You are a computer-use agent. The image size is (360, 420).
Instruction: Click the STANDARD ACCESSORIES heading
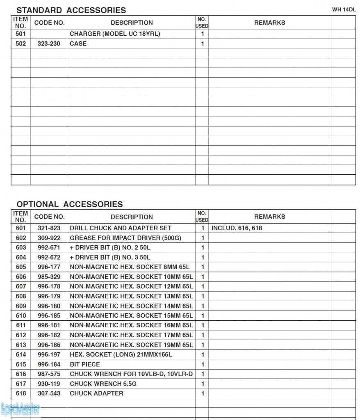(71, 10)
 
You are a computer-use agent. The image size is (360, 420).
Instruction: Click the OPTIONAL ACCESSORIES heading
(69, 204)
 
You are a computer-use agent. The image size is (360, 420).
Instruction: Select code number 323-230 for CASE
(49, 43)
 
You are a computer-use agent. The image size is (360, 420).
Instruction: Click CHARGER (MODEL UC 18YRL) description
(115, 34)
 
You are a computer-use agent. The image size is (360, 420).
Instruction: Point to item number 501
(21, 34)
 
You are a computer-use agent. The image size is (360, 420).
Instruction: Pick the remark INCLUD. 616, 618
(237, 228)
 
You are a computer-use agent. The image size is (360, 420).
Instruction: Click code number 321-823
(49, 228)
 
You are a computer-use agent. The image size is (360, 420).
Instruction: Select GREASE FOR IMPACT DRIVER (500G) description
(125, 238)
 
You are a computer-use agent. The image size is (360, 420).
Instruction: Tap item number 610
(21, 316)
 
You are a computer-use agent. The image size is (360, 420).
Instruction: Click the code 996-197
(49, 355)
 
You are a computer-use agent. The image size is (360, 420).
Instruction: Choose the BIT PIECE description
(85, 364)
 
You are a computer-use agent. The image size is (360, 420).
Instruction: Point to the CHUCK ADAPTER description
(96, 393)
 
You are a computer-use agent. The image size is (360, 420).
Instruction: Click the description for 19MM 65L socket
(131, 345)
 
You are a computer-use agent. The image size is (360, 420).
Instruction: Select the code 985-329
(49, 277)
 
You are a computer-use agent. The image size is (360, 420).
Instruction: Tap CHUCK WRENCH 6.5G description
(103, 384)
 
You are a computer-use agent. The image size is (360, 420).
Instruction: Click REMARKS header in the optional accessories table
(269, 217)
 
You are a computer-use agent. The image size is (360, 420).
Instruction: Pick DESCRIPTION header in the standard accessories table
(132, 23)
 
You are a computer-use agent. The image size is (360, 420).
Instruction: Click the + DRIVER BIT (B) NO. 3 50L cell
(110, 258)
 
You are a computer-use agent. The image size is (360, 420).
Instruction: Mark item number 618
(21, 393)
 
